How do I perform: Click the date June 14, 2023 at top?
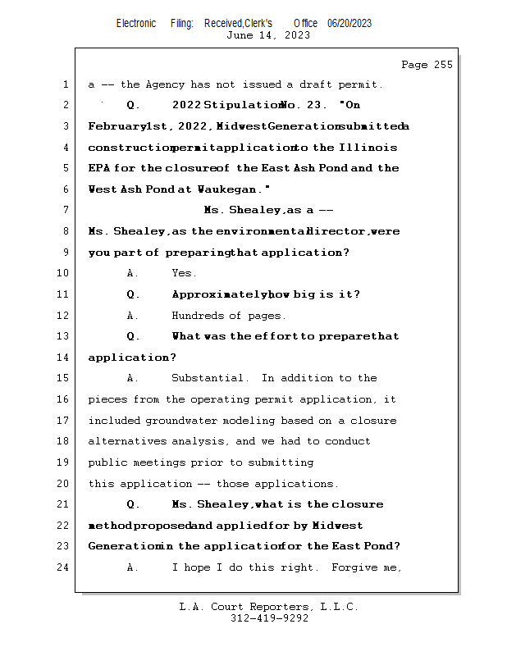coord(268,35)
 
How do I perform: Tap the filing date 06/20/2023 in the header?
coord(349,24)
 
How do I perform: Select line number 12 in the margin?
coord(64,316)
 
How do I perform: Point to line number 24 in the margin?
coord(64,567)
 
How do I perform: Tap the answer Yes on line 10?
coord(184,273)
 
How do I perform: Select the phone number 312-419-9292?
coord(268,618)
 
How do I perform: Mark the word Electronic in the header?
coord(136,24)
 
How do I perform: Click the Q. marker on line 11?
coord(133,294)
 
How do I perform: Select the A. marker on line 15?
coord(133,378)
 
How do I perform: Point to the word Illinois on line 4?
coord(368,148)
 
